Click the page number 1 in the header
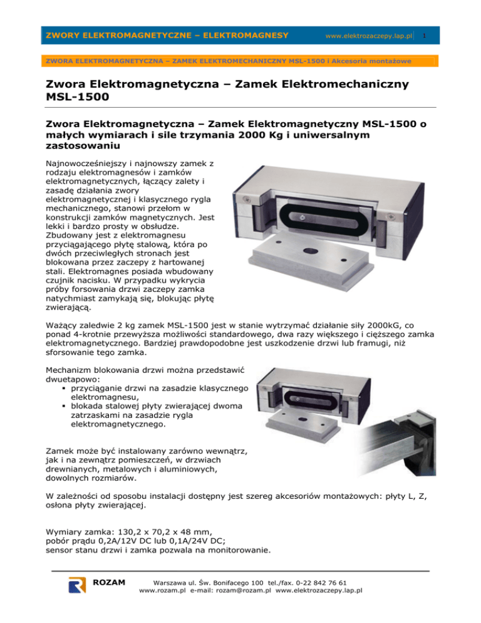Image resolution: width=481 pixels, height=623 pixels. point(423,36)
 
